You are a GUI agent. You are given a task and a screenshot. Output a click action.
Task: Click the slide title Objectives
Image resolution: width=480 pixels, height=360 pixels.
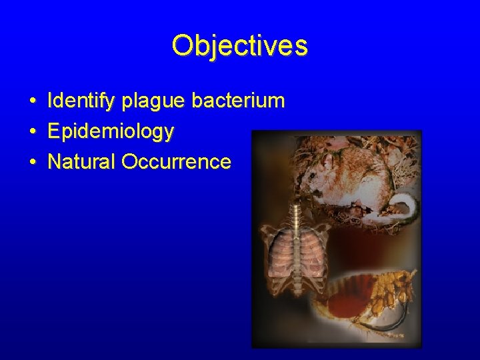click(x=239, y=46)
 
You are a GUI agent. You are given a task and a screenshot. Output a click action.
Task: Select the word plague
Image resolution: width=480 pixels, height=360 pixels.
click(x=153, y=101)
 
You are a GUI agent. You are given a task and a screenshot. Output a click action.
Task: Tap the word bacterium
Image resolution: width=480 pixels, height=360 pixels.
click(x=238, y=101)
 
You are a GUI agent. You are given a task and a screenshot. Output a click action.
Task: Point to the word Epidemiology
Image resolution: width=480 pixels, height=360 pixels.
click(x=111, y=131)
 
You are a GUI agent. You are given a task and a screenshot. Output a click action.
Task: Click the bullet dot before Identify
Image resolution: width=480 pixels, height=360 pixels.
click(x=32, y=102)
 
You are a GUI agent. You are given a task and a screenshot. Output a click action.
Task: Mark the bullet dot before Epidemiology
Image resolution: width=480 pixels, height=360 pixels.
click(x=32, y=132)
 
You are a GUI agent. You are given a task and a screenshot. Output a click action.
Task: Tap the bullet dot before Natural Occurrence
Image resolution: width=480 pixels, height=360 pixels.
click(x=32, y=162)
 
